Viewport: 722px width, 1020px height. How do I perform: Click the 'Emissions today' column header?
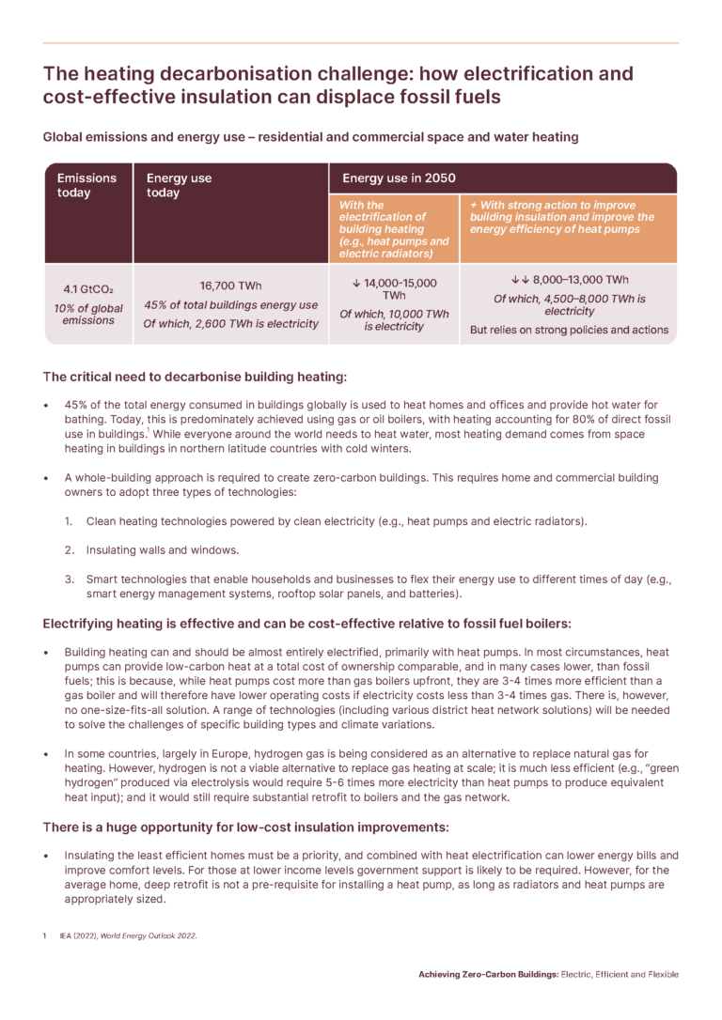[86, 185]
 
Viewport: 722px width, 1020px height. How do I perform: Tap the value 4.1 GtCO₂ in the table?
[87, 288]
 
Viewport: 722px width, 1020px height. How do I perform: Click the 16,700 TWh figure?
[230, 286]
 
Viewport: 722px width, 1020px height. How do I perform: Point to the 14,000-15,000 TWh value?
[393, 288]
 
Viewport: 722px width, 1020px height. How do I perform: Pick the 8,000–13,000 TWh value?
[569, 280]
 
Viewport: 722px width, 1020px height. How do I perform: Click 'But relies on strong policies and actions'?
[569, 330]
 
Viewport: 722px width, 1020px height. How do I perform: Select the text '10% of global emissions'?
[87, 313]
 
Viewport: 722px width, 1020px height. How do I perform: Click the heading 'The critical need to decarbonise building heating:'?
[195, 377]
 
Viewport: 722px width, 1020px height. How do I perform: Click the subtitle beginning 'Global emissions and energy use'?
[310, 137]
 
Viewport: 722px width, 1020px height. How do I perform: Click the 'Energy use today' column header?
[179, 185]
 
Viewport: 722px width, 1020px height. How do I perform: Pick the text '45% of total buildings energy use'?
[230, 305]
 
